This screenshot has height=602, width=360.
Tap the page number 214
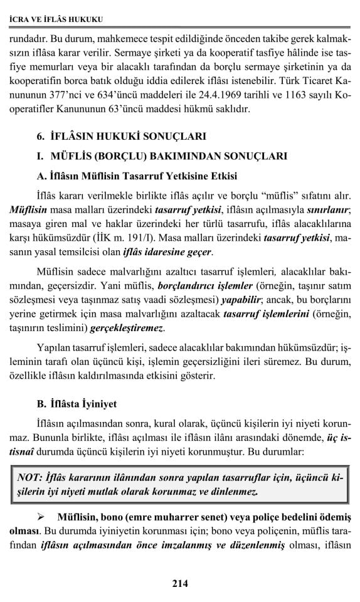(180, 583)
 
